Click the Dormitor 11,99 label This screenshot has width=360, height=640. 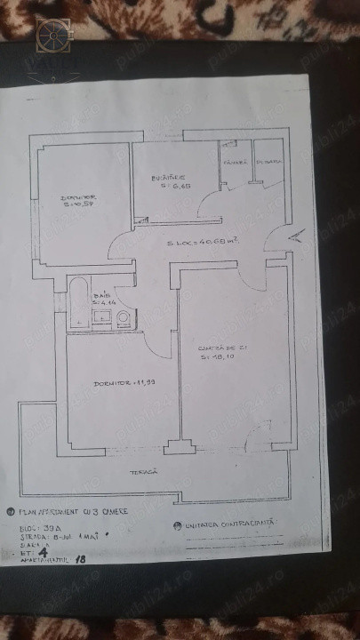coord(119,382)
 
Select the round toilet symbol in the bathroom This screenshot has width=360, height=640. coord(123,320)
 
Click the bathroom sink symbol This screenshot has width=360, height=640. coord(100,323)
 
